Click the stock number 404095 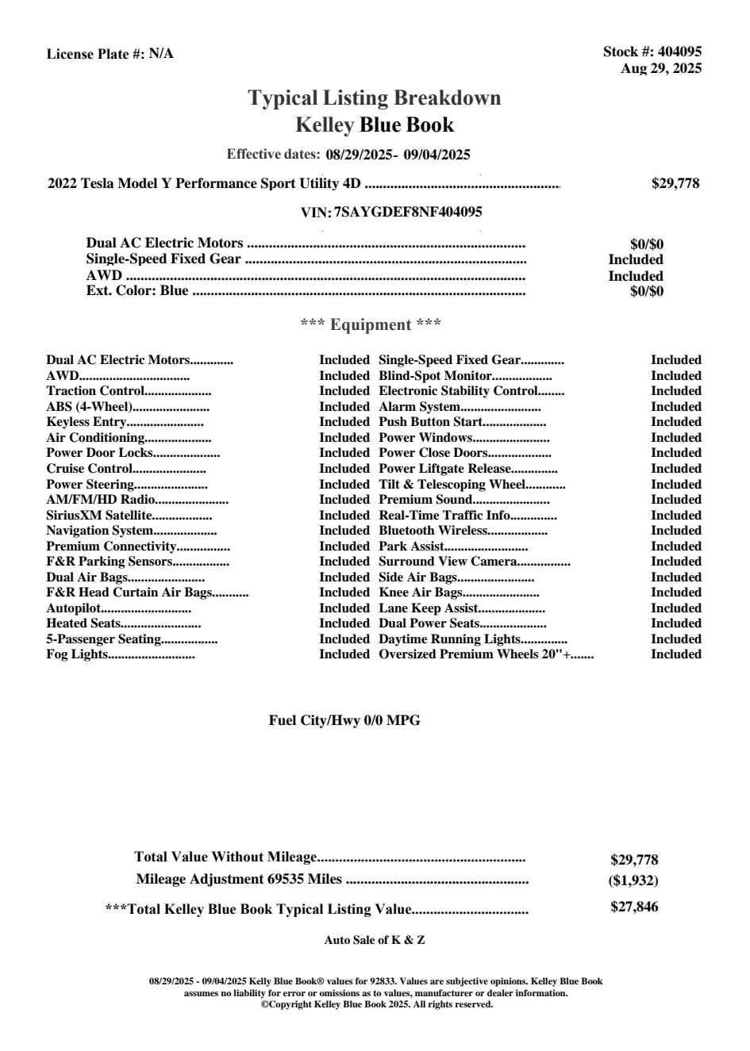tap(680, 52)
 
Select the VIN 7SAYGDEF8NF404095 tap(408, 213)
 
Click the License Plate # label tap(96, 54)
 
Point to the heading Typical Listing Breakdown tap(375, 98)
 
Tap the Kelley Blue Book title tap(375, 125)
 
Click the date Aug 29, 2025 tap(661, 69)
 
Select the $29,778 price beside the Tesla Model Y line tap(675, 184)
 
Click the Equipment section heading tap(371, 324)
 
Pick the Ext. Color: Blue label tap(137, 291)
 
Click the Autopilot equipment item tap(74, 608)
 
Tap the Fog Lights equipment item tap(77, 655)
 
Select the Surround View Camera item tap(448, 562)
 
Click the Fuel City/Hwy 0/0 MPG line tap(344, 721)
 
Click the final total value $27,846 tap(634, 907)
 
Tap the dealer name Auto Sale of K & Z tap(375, 941)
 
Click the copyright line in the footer tap(377, 1004)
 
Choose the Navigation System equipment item tap(99, 531)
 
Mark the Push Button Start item tap(430, 423)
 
